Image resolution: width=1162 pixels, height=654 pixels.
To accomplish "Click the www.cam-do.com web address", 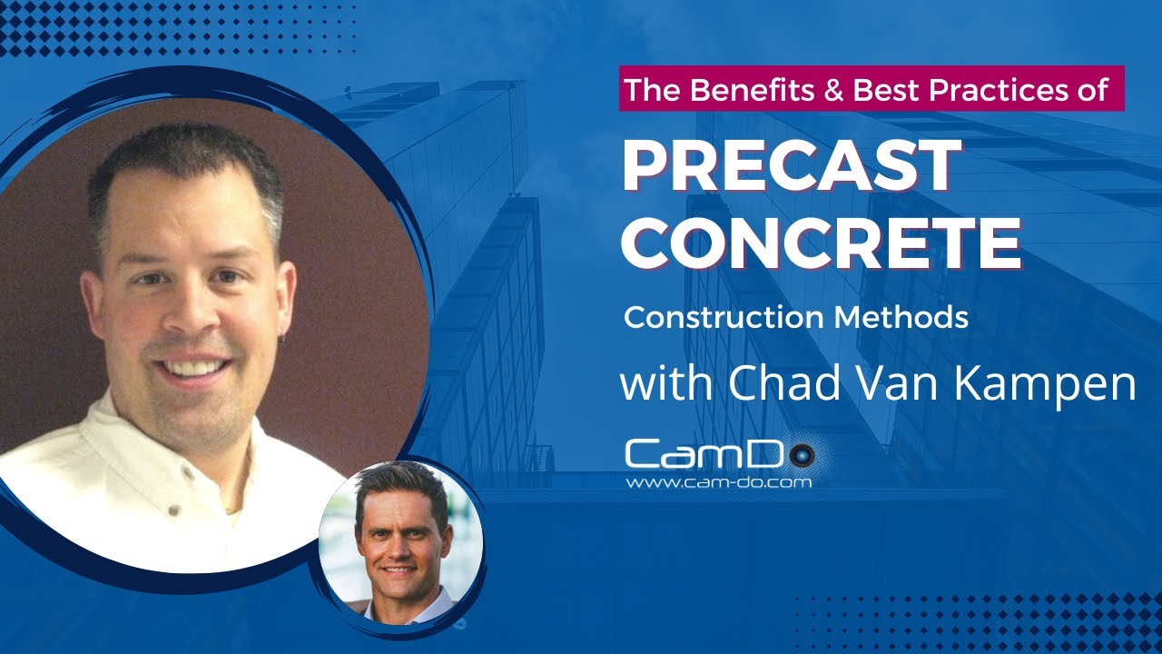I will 718,483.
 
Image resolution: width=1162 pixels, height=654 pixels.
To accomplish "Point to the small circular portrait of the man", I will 401,543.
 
